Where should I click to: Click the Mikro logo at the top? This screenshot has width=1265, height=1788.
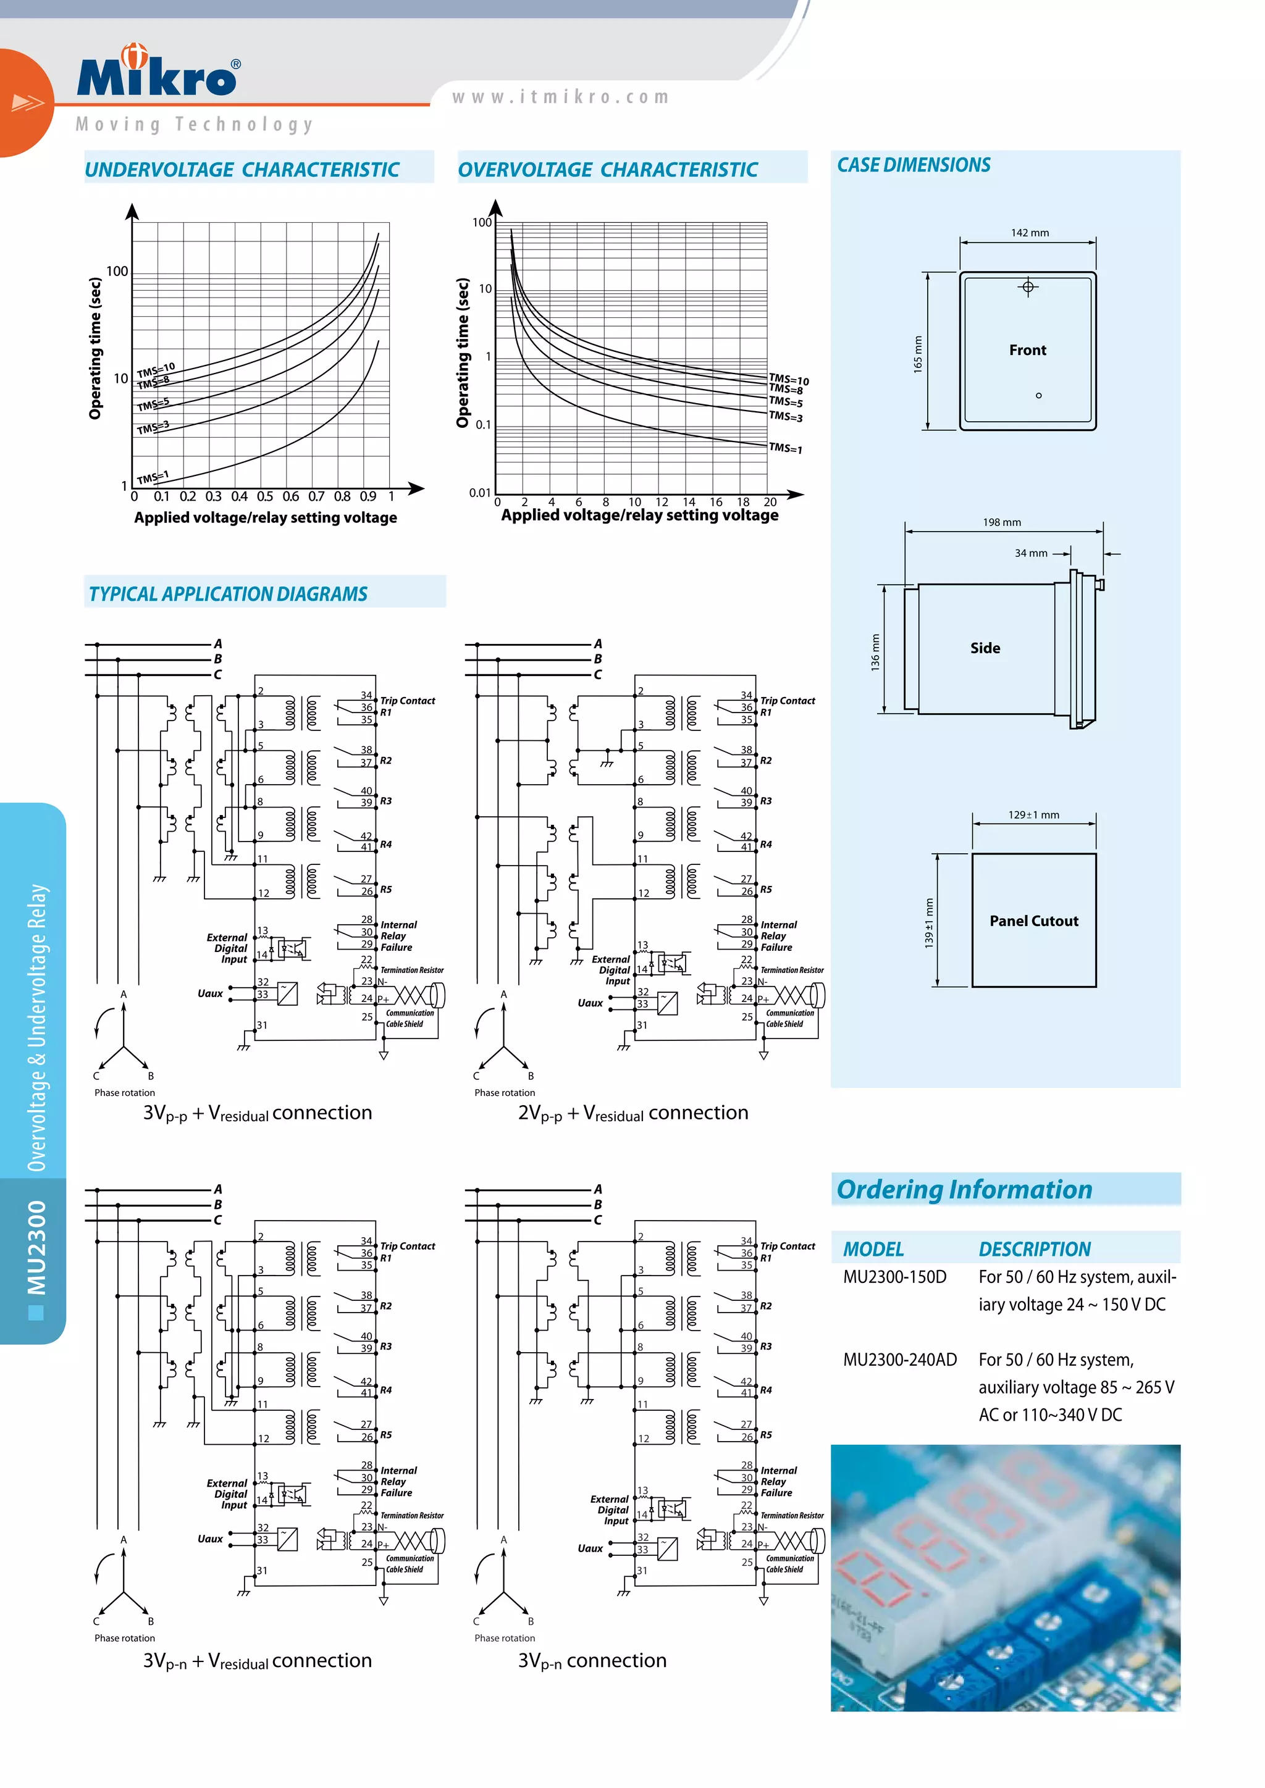click(x=158, y=74)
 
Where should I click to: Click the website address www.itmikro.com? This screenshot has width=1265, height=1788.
click(x=560, y=98)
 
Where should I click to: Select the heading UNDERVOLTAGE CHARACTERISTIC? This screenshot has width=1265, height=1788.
click(x=242, y=170)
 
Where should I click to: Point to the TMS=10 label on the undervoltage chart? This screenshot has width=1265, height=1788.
click(x=156, y=369)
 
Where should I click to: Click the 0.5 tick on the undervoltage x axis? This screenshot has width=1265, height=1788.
click(x=265, y=496)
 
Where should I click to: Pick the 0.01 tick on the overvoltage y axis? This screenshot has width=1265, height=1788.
click(x=480, y=492)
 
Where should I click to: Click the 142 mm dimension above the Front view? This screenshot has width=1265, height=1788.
click(x=1029, y=233)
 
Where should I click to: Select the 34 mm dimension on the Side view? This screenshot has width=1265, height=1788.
click(x=1030, y=553)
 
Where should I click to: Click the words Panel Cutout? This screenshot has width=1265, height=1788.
click(x=1033, y=921)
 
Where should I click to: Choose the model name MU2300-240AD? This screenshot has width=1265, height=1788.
click(x=900, y=1360)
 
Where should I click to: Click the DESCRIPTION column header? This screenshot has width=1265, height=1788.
click(x=1035, y=1249)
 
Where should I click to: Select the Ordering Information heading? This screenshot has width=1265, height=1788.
click(x=964, y=1189)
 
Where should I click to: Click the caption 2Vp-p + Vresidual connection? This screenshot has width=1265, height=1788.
click(x=632, y=1113)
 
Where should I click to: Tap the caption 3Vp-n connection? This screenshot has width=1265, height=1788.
click(x=592, y=1660)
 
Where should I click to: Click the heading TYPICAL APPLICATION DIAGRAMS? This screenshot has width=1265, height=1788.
click(x=227, y=594)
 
